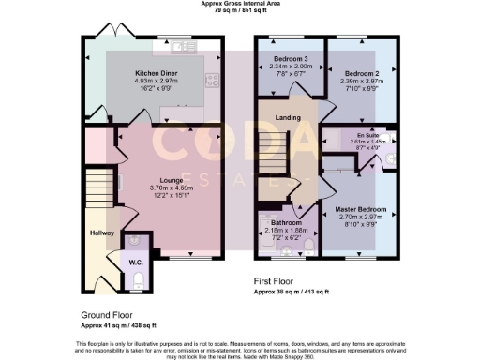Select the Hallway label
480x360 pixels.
(x=101, y=232)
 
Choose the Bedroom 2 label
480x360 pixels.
(x=359, y=72)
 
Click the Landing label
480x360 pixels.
(x=288, y=117)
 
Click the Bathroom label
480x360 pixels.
(x=286, y=222)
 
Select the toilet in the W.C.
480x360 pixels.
(x=138, y=278)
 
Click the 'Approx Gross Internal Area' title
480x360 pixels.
(x=240, y=4)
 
